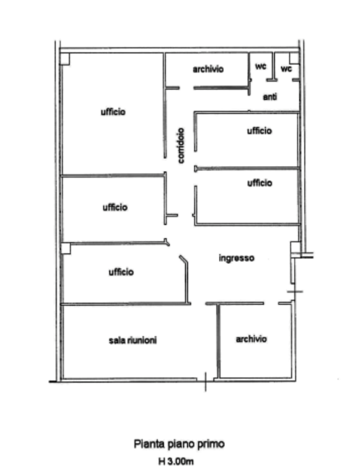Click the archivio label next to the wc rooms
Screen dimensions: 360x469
(x=208, y=69)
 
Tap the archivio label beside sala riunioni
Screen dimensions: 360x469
(x=251, y=339)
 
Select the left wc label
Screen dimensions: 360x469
(x=260, y=67)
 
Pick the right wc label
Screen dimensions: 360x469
(x=286, y=68)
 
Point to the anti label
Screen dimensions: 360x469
(x=270, y=96)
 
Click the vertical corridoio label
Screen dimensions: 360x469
(x=181, y=146)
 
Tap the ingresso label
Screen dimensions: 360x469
(x=237, y=258)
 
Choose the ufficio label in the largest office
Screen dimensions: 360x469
(x=113, y=112)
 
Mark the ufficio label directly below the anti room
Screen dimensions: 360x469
(x=259, y=131)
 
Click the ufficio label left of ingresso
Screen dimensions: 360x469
(x=121, y=272)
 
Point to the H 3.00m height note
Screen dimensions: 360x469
(x=176, y=461)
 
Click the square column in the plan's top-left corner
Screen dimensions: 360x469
(x=65, y=59)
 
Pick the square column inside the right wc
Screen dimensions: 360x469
(x=294, y=59)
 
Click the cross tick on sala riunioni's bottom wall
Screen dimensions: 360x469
(x=205, y=381)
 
